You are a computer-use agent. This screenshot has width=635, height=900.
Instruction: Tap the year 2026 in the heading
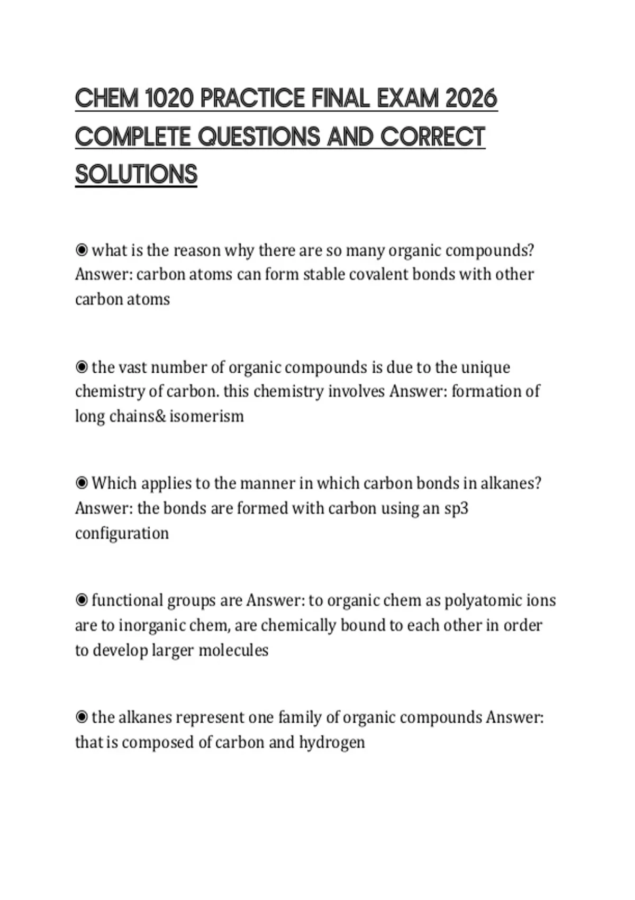pyautogui.click(x=471, y=99)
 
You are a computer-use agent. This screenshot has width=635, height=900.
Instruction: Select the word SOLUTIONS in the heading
pyautogui.click(x=136, y=175)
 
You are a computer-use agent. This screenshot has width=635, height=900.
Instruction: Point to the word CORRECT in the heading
pyautogui.click(x=432, y=137)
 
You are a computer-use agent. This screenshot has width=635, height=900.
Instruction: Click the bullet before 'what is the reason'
pyautogui.click(x=81, y=249)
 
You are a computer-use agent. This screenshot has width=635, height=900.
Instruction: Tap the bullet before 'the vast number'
pyautogui.click(x=81, y=366)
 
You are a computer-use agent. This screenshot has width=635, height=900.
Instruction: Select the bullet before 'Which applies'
pyautogui.click(x=81, y=483)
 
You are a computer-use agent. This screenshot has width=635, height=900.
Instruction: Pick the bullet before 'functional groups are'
pyautogui.click(x=81, y=600)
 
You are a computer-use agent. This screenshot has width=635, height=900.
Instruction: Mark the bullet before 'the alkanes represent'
pyautogui.click(x=81, y=717)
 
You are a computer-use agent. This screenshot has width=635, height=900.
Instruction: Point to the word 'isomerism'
pyautogui.click(x=207, y=416)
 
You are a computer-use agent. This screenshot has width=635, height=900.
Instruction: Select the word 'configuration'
pyautogui.click(x=122, y=533)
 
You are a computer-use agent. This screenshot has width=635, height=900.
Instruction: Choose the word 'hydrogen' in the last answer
pyautogui.click(x=332, y=742)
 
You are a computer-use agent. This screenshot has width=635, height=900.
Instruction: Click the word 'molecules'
pyautogui.click(x=233, y=650)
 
